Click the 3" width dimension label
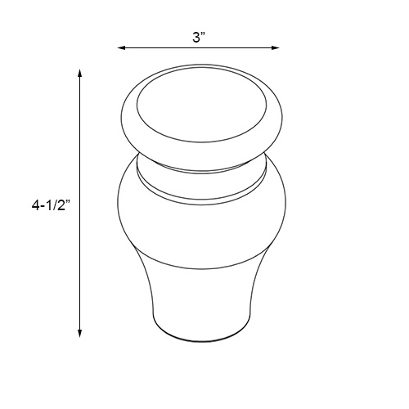pyautogui.click(x=198, y=36)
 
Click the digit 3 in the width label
pyautogui.click(x=196, y=36)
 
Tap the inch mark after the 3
pyautogui.click(x=203, y=34)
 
